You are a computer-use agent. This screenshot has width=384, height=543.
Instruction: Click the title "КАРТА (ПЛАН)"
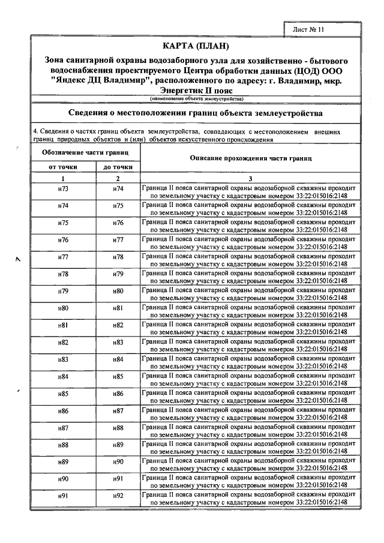(x=196, y=47)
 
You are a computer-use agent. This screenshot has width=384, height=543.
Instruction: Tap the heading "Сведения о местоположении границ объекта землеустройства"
(x=196, y=113)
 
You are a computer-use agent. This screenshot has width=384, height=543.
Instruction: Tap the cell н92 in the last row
(x=118, y=496)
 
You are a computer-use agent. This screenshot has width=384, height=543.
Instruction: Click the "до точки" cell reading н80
(x=118, y=291)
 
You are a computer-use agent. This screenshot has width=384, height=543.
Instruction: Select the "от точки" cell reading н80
(x=63, y=308)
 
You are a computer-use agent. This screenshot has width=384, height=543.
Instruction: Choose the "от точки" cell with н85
(x=63, y=394)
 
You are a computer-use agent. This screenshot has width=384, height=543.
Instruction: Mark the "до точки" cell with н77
(x=118, y=240)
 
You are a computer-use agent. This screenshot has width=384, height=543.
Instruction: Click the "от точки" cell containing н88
(x=63, y=445)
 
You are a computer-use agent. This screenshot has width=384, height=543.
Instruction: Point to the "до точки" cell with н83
(x=118, y=342)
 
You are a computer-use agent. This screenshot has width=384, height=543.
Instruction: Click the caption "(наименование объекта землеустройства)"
(x=196, y=98)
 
